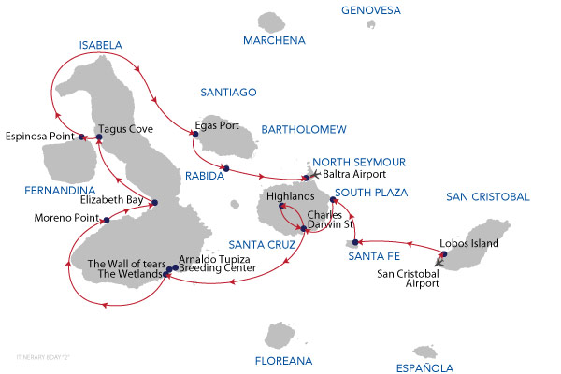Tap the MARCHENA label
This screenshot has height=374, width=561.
tap(274, 40)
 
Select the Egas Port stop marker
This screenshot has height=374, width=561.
tap(193, 135)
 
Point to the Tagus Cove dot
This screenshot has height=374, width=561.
tap(98, 137)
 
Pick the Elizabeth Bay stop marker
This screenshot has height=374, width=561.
tap(155, 202)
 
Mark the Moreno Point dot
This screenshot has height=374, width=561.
tap(107, 221)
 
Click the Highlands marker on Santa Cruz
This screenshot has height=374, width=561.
tap(280, 207)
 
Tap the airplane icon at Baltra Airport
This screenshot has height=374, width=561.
tap(315, 175)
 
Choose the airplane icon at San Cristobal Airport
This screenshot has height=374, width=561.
tap(439, 264)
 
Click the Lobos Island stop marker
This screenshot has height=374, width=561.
tap(444, 254)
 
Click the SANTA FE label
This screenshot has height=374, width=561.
tap(368, 256)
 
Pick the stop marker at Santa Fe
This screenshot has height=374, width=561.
tap(355, 243)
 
